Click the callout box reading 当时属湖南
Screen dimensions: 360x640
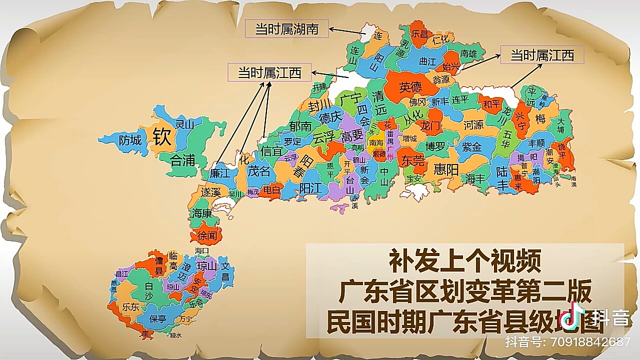pos(287,29)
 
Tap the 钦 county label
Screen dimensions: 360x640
pos(162,136)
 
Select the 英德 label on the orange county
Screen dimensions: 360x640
pos(410,87)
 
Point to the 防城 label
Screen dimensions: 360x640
pos(130,140)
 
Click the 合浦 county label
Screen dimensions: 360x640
pos(182,160)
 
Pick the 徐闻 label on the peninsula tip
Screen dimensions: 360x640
pos(207,235)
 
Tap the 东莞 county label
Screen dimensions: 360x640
pos(412,161)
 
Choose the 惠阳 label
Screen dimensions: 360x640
pos(446,169)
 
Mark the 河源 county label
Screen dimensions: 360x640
pos(473,125)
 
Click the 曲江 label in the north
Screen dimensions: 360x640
pos(427,62)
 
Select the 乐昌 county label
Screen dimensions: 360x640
pos(419,34)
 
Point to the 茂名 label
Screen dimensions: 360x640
pos(259,171)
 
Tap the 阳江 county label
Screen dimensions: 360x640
pos(310,187)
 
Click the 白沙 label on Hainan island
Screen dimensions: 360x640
pos(148,291)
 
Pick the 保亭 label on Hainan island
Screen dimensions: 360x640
pos(157,318)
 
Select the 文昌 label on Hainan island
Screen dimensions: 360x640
pos(225,271)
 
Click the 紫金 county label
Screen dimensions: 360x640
pos(471,147)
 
